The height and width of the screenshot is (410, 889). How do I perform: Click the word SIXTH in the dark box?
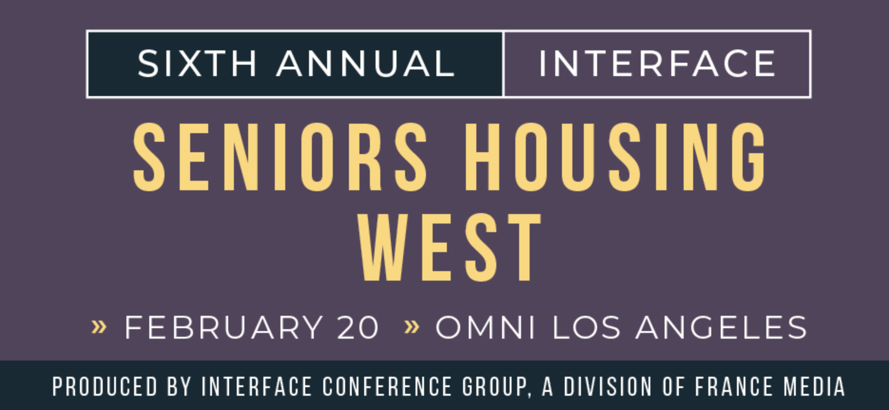197,63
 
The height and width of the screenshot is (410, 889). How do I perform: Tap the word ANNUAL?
366,63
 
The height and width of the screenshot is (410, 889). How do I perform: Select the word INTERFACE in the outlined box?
657,63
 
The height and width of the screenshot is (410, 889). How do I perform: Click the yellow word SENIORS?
280,157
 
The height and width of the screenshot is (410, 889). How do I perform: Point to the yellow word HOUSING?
616,157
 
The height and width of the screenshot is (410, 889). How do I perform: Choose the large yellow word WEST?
449,247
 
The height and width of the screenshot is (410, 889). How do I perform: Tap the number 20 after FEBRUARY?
358,327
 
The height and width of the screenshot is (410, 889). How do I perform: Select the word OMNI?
486,327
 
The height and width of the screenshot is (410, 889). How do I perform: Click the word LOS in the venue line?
587,327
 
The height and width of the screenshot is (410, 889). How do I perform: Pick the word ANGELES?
722,327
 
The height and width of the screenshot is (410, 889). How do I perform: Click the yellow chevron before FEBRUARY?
99,327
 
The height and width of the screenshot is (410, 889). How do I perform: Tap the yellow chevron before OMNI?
412,327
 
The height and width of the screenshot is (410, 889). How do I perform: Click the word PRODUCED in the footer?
105,386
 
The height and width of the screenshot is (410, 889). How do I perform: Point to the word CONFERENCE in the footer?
387,386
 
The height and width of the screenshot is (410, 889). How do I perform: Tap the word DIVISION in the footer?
608,386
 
